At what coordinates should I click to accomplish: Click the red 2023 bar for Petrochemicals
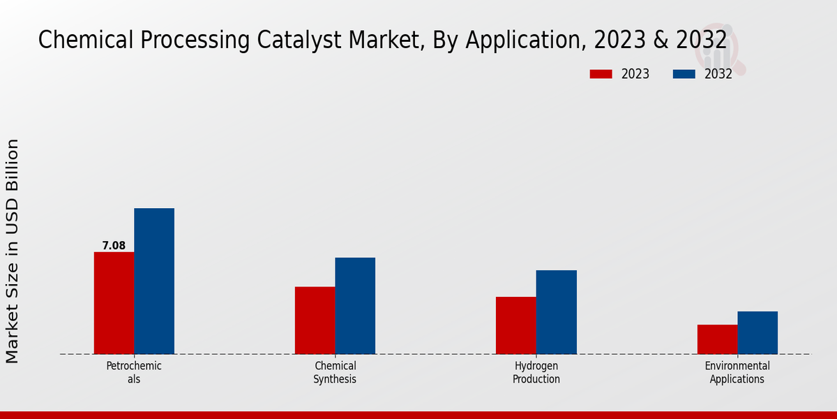tap(114, 303)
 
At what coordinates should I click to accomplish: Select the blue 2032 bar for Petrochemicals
tap(154, 281)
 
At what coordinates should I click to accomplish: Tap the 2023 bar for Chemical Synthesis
tap(315, 321)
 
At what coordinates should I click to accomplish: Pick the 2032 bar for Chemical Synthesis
tap(355, 306)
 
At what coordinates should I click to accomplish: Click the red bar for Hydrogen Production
tap(516, 325)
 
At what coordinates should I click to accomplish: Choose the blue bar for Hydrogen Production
tap(557, 312)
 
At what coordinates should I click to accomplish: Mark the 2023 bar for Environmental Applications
tap(717, 339)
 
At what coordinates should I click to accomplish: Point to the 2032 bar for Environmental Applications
tap(757, 332)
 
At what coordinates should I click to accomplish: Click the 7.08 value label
tap(114, 246)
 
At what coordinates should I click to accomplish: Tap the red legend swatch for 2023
tap(601, 74)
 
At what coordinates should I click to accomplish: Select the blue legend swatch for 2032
tap(684, 74)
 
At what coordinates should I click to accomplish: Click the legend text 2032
tap(718, 74)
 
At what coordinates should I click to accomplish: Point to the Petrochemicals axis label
tap(134, 372)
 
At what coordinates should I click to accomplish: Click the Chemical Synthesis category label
tap(335, 372)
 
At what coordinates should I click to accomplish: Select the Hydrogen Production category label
tap(536, 372)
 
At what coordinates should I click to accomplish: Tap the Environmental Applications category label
tap(737, 372)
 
